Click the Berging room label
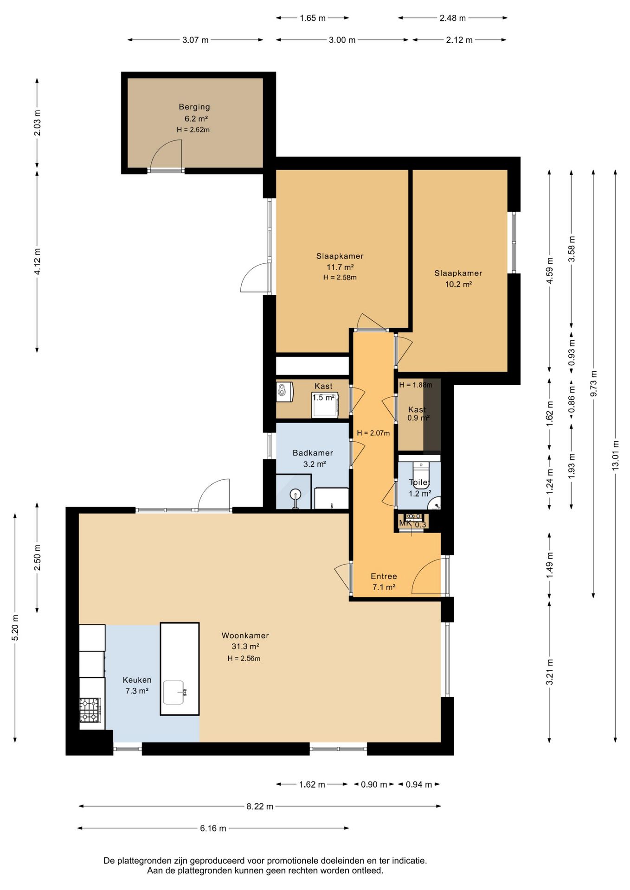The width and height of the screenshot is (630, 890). pos(194,107)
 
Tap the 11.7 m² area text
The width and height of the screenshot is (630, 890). pos(340,267)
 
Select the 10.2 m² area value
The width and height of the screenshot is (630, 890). pos(458,284)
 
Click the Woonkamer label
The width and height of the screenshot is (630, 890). pos(245,636)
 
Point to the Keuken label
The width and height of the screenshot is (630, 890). pos(137,680)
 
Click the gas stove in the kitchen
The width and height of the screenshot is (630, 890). pos(90,710)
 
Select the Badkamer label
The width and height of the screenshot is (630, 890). pos(313,453)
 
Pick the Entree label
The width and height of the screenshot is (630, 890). pos(384,576)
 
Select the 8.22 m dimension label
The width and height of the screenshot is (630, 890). pos(260,806)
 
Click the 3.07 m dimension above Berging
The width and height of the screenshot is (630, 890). pos(195,40)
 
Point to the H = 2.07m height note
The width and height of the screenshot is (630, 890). pos(373,433)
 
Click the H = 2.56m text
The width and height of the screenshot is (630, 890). pos(244,658)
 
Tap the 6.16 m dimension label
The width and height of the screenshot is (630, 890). pos(213,828)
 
